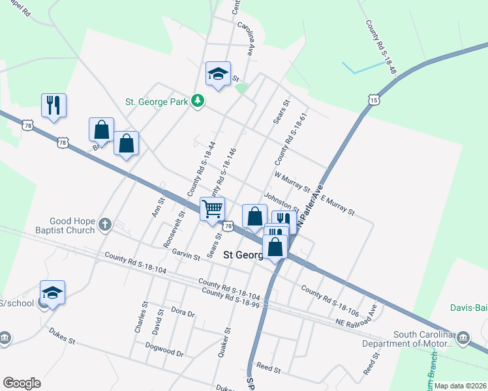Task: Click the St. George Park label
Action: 156,102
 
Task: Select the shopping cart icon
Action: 213,209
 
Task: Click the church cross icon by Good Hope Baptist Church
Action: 104,225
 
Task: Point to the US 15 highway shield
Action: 373,100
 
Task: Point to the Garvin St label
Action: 186,257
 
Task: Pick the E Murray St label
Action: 337,206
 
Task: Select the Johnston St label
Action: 281,202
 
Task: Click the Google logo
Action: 22,383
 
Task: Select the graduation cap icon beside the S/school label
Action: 52,293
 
